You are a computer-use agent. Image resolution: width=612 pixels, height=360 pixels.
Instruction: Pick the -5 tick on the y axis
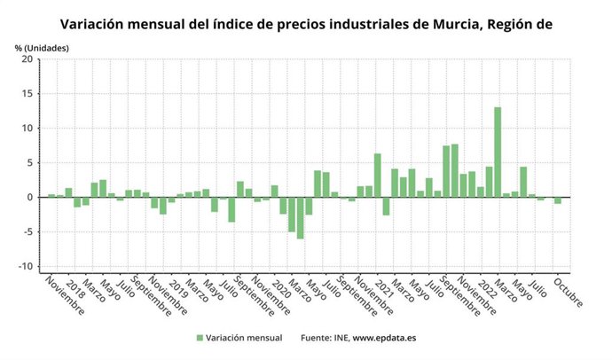click(27, 232)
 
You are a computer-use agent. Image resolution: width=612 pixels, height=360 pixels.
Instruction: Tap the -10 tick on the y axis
click(26, 267)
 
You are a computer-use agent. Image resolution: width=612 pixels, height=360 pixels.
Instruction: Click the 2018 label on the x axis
click(75, 285)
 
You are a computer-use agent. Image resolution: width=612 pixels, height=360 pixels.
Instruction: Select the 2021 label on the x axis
click(382, 285)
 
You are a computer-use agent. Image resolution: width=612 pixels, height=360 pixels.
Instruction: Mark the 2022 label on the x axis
click(485, 285)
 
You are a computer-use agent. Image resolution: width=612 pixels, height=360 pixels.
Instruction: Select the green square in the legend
click(200, 338)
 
